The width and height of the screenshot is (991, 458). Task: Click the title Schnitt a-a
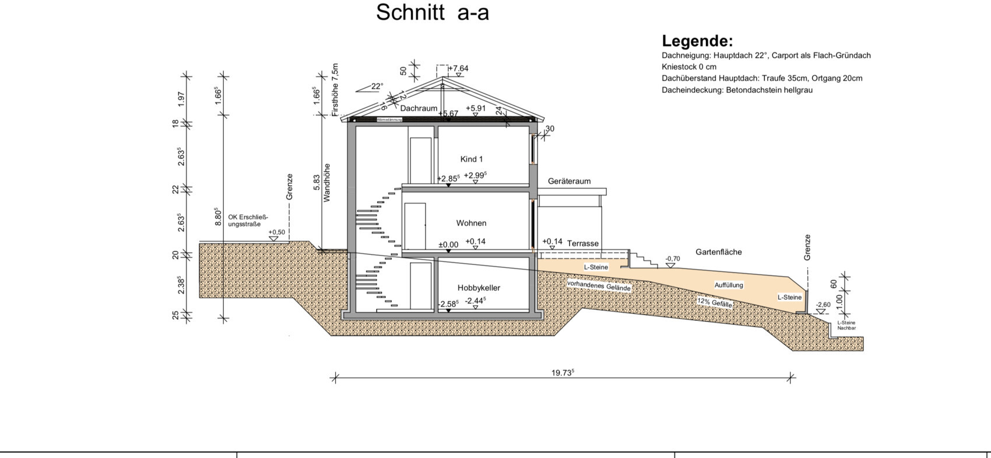[432, 12]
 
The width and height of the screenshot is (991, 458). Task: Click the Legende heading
[697, 41]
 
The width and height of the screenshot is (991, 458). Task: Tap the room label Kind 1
[471, 159]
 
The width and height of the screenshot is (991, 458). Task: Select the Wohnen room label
[471, 223]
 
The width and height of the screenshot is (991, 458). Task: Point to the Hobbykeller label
[479, 288]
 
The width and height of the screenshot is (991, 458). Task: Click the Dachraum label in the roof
[419, 109]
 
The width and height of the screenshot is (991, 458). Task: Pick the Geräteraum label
[569, 181]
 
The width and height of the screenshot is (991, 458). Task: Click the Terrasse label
[582, 243]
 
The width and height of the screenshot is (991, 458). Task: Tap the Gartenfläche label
[718, 252]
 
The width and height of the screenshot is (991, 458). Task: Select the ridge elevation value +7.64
[459, 68]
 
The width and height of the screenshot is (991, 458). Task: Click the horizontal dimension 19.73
[563, 373]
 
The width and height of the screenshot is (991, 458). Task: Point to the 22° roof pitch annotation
[377, 86]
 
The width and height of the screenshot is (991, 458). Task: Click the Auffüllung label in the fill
[729, 285]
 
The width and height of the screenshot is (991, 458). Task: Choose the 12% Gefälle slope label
[714, 302]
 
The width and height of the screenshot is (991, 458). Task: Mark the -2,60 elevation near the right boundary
[823, 305]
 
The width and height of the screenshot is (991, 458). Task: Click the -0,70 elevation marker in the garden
[672, 258]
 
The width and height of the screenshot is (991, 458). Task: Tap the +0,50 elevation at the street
[277, 232]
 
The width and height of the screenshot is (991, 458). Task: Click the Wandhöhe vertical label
[327, 183]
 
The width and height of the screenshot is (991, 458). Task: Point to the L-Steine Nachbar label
[846, 325]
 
